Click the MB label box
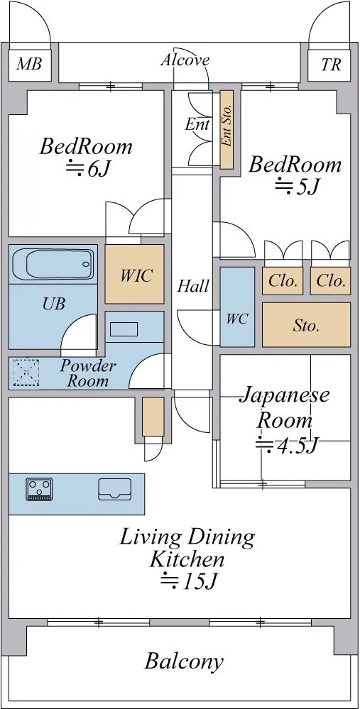tap(30, 64)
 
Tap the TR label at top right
tap(331, 64)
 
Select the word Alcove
tap(185, 60)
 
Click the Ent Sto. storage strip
tap(227, 130)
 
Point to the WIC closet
tap(135, 274)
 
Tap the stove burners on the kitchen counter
tap(40, 489)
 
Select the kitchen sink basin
tap(115, 489)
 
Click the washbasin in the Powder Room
tap(124, 329)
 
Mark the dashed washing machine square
tap(26, 373)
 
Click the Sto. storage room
tap(306, 324)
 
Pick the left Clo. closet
tap(283, 281)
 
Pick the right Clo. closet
tap(331, 281)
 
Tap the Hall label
tap(193, 286)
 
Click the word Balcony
tap(184, 662)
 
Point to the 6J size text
tap(89, 169)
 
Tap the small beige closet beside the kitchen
tap(153, 417)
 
